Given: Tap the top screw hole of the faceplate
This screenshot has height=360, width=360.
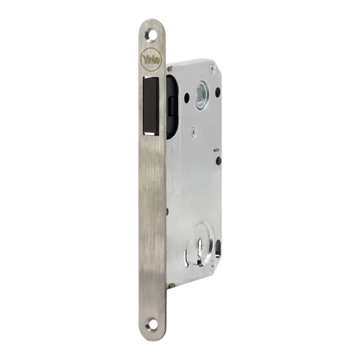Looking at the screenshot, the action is pos(151,35).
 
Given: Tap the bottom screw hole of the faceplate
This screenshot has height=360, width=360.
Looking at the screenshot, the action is pos(152,324).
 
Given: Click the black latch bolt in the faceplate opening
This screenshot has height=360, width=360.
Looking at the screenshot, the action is pos(151,106).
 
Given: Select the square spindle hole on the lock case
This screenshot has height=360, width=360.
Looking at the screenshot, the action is pos(200,94).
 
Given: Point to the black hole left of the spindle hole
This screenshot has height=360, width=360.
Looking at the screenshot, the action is pos(186,97).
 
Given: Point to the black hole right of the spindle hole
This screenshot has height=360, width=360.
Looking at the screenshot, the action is pos(217,92).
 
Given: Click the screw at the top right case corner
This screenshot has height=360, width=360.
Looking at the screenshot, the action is pos(213,68).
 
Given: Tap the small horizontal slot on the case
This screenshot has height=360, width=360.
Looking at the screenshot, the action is pos(216,151).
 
